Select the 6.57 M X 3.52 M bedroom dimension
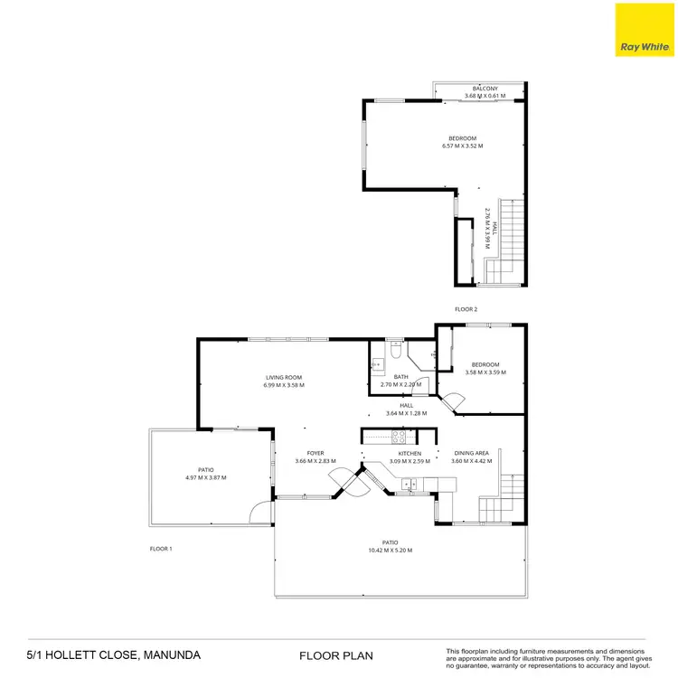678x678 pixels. click(x=462, y=146)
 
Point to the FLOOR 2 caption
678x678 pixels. click(x=466, y=309)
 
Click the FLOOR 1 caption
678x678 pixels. click(x=161, y=549)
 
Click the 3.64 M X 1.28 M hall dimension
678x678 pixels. click(x=406, y=413)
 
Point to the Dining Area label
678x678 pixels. click(x=471, y=453)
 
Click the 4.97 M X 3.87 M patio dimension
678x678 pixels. click(x=206, y=477)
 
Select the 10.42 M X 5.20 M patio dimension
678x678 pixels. click(x=396, y=551)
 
